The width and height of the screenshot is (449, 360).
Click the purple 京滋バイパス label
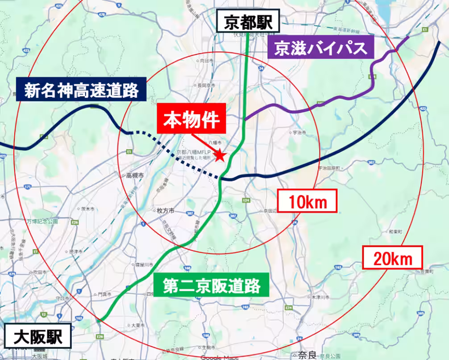pos(320,48)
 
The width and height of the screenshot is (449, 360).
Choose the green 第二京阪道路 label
pos(212,285)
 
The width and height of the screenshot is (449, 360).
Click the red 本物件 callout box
pos(191,120)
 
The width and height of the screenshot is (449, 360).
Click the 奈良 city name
pos(307,355)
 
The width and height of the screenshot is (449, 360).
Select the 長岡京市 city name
pos(207,85)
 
